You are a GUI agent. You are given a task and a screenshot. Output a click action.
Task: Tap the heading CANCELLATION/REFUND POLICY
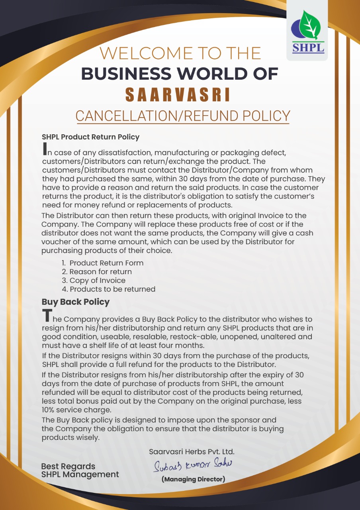[x=182, y=116]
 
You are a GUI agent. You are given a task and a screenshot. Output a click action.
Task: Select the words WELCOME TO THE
[x=180, y=53]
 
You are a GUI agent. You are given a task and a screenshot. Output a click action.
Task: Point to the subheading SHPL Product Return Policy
[x=90, y=137]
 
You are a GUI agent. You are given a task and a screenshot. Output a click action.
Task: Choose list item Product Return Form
[x=106, y=263]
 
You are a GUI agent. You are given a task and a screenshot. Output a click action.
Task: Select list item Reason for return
[x=100, y=272]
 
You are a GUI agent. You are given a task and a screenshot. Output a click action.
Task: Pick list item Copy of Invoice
[x=97, y=280]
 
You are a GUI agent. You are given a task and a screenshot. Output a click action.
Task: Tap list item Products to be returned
[x=112, y=289]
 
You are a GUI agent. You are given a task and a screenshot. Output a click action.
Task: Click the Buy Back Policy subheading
[x=75, y=302]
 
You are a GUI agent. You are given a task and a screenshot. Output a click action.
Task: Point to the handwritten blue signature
[x=193, y=465]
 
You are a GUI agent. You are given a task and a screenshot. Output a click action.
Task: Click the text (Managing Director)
[x=194, y=479]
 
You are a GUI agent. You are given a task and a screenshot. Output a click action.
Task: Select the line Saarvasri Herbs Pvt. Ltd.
[x=192, y=452]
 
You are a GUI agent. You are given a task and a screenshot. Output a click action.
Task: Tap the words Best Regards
[x=68, y=466]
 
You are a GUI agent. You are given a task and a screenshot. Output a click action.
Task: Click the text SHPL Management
[x=80, y=475]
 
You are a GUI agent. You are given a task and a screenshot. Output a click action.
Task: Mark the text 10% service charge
[x=76, y=410]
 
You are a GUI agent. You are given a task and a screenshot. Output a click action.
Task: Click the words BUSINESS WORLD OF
[x=180, y=74]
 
